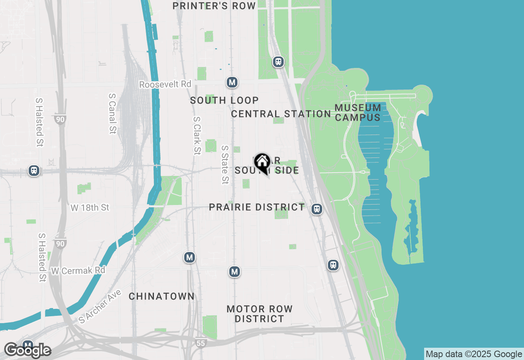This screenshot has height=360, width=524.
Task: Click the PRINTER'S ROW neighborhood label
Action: [214, 6]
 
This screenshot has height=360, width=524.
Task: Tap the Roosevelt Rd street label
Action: [165, 84]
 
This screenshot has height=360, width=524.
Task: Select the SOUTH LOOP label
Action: [224, 100]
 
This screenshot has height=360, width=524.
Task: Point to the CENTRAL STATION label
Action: [281, 114]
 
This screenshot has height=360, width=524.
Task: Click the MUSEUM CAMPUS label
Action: [358, 112]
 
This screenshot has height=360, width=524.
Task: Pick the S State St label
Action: [225, 164]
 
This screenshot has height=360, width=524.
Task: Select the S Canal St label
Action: [113, 113]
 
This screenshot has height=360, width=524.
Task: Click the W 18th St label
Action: [90, 207]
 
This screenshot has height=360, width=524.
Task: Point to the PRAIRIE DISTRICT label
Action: [257, 207]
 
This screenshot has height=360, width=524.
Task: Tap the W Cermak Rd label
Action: [78, 270]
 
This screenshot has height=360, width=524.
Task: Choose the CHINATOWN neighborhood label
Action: [162, 296]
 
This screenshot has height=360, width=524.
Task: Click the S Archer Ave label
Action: [100, 306]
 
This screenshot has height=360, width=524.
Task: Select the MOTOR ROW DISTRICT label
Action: [260, 314]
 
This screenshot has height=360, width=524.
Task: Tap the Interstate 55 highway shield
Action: [200, 343]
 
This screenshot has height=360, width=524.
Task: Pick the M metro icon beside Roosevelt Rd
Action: [232, 82]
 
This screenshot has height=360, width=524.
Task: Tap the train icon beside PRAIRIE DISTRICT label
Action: [316, 209]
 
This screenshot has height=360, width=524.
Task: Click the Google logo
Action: [27, 351]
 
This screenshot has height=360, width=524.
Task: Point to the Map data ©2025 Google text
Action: [473, 354]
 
